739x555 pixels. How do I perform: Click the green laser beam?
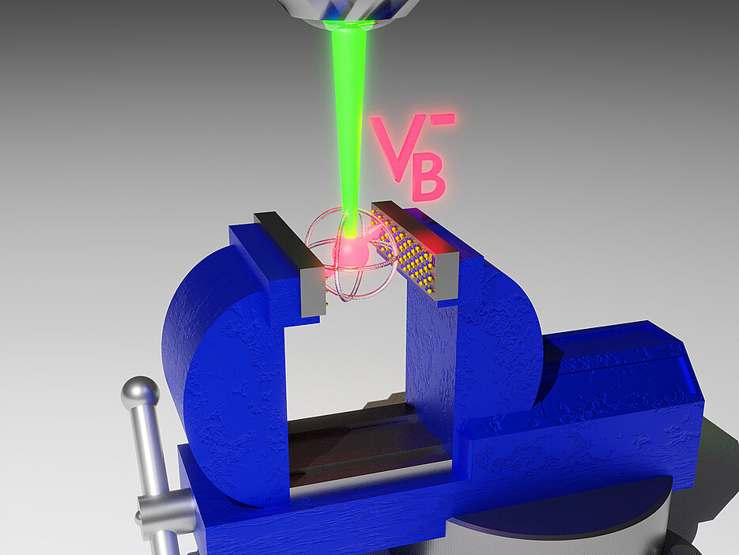point(349,127)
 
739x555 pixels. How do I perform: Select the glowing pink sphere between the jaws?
point(350,253)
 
